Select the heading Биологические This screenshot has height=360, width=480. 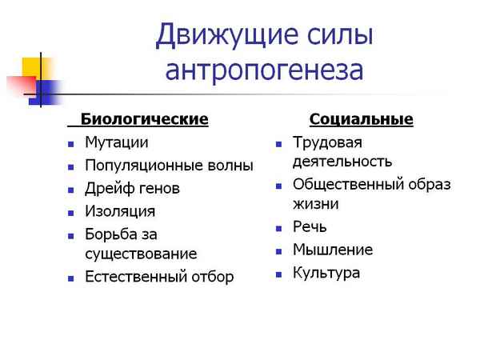pos(144,119)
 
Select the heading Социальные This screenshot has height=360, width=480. pos(361,120)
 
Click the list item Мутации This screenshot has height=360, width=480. pos(116,142)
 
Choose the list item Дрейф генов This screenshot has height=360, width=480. pos(132,189)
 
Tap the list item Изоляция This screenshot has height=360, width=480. pos(120,212)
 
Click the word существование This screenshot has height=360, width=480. pos(141,254)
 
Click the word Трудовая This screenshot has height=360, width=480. pos(327,142)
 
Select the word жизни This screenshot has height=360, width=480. pos(316,203)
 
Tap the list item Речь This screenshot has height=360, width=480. pos(310,226)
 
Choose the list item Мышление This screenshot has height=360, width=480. pos(332,250)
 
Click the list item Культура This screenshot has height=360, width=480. pos(326,273)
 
